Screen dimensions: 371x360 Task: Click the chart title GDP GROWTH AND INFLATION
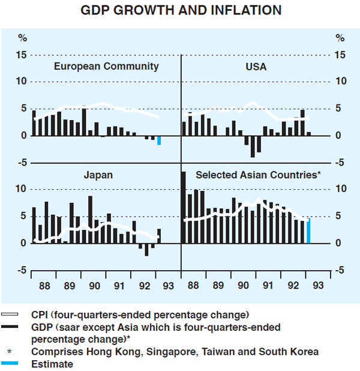pyautogui.click(x=180, y=10)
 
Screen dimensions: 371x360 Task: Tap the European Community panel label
pyautogui.click(x=106, y=67)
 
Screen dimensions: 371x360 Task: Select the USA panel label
pyautogui.click(x=256, y=67)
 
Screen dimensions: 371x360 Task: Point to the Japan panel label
pyautogui.click(x=99, y=175)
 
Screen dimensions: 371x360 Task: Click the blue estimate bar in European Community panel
pyautogui.click(x=159, y=140)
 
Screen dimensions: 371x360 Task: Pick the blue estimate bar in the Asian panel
pyautogui.click(x=308, y=231)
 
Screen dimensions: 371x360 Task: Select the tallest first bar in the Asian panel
pyautogui.click(x=184, y=208)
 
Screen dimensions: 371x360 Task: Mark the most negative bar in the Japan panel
pyautogui.click(x=146, y=249)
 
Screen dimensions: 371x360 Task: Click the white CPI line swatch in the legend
pyautogui.click(x=12, y=314)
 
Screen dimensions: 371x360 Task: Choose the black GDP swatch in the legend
pyautogui.click(x=12, y=327)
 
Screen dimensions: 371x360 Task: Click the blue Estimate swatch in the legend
pyautogui.click(x=12, y=364)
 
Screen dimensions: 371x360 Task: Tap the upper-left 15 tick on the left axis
pyautogui.click(x=22, y=55)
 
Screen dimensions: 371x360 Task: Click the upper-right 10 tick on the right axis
pyautogui.click(x=340, y=82)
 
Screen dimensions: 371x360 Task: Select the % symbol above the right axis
pyautogui.click(x=340, y=38)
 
